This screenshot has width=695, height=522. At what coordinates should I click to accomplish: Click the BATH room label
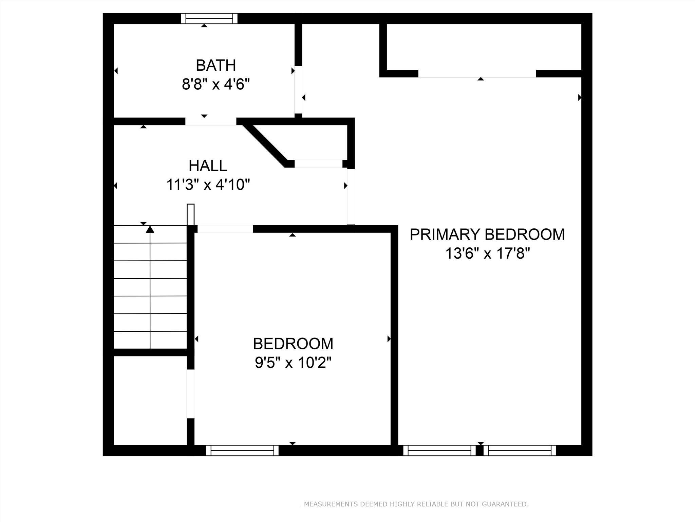(216, 65)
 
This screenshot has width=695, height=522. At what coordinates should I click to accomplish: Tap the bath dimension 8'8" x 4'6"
(216, 84)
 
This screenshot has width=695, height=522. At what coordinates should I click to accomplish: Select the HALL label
(208, 166)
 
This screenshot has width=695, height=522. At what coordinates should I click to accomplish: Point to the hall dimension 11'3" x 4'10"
(208, 185)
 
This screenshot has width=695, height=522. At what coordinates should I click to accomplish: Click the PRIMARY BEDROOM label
(487, 234)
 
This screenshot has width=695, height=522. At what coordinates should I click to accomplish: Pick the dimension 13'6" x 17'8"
(487, 254)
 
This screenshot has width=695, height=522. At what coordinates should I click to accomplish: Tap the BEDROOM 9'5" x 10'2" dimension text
(293, 363)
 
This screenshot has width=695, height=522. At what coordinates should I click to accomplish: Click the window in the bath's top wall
(209, 18)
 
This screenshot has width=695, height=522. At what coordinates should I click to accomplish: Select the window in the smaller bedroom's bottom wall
(242, 450)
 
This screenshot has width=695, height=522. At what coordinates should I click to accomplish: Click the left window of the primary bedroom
(439, 450)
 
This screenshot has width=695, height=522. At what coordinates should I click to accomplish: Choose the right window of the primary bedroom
(520, 450)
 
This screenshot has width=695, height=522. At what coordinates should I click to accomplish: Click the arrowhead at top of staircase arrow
(150, 229)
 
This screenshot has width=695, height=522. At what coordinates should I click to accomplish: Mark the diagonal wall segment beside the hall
(265, 145)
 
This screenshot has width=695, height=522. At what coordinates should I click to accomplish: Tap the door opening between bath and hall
(211, 121)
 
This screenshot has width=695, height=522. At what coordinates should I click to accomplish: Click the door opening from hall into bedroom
(225, 229)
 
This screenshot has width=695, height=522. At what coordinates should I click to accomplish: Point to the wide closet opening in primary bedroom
(477, 73)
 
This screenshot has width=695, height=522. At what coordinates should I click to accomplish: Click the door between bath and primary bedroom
(298, 90)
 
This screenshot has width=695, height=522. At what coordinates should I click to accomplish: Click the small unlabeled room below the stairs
(150, 400)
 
